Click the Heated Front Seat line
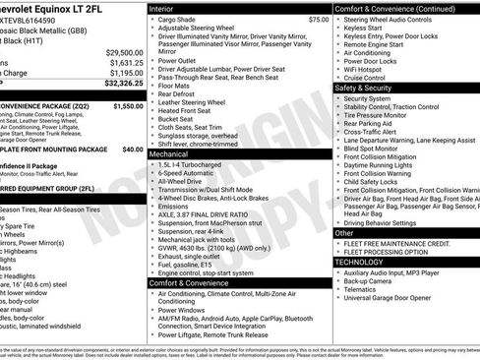[185, 110]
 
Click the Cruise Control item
[373, 76]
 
